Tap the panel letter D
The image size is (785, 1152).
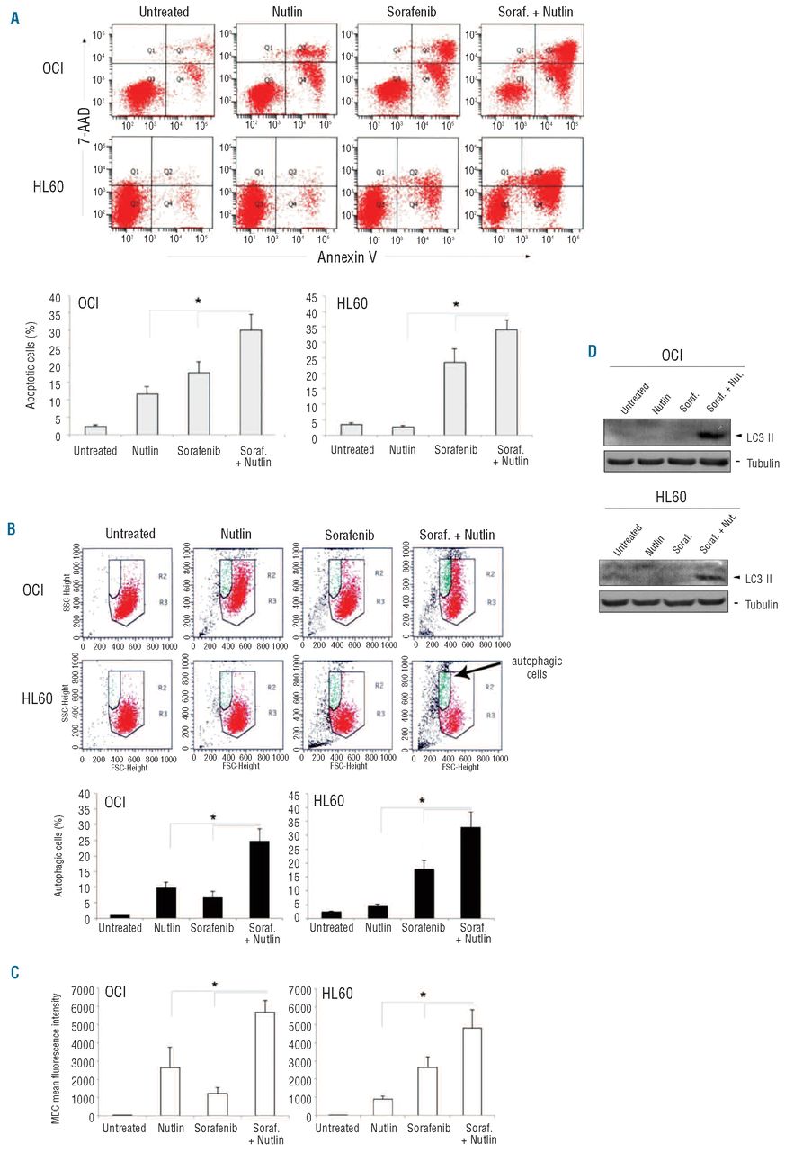593,348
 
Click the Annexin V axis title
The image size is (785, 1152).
345,256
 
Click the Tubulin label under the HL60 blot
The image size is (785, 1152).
757,604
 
